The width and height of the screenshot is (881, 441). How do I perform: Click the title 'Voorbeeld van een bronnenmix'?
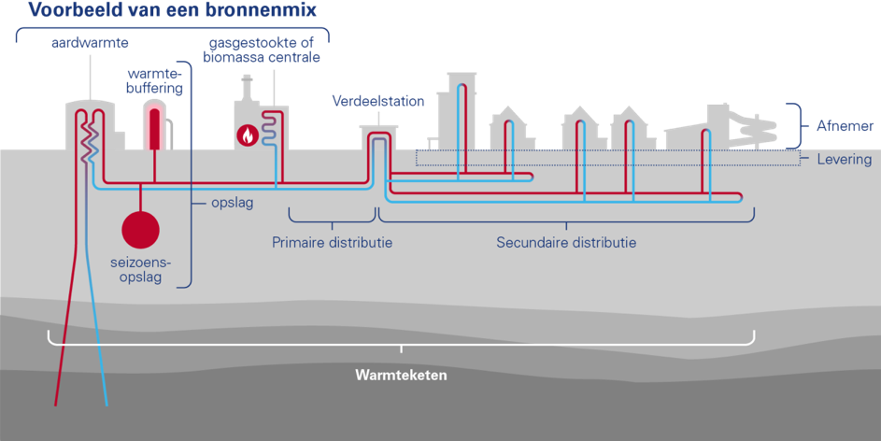[x=174, y=12]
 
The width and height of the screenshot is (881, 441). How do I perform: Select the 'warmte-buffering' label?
[x=156, y=80]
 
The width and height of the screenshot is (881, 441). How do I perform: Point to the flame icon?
[x=248, y=135]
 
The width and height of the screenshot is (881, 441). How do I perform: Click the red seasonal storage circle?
[x=141, y=230]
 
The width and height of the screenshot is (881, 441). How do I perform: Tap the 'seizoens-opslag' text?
[x=140, y=271]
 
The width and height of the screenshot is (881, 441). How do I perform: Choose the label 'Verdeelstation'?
[x=378, y=101]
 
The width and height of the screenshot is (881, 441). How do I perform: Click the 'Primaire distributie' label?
[x=332, y=243]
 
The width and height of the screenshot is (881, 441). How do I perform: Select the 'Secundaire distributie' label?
[x=566, y=243]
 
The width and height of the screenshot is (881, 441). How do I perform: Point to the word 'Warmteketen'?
[x=402, y=376]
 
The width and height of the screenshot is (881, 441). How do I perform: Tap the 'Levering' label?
[x=845, y=160]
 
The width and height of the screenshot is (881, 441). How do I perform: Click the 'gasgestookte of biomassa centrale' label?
[x=265, y=50]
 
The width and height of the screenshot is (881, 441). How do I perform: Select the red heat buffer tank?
[x=155, y=126]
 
